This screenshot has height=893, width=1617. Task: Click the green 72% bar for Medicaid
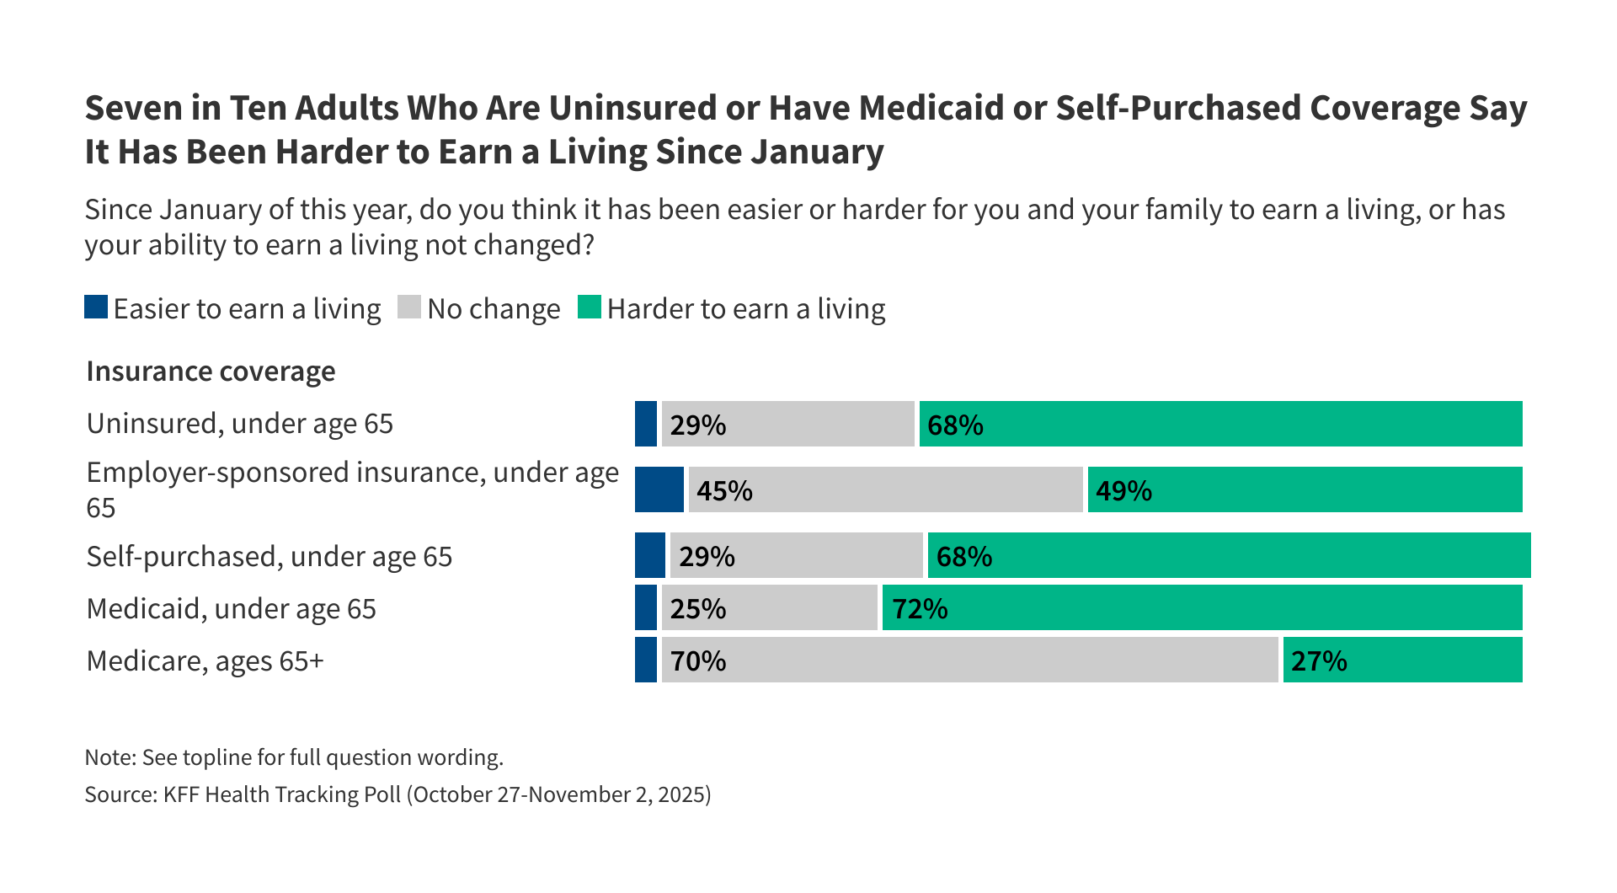pyautogui.click(x=1202, y=607)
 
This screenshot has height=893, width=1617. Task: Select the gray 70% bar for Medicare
pyautogui.click(x=969, y=660)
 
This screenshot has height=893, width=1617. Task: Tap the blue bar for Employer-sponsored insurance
pyautogui.click(x=659, y=489)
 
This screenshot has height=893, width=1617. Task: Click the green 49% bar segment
pyautogui.click(x=1305, y=489)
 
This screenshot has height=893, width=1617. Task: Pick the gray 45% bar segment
pyautogui.click(x=885, y=489)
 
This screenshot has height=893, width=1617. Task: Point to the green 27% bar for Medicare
pyautogui.click(x=1402, y=660)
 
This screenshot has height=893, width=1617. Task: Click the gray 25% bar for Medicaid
pyautogui.click(x=769, y=607)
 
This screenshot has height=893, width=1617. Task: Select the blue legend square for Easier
pyautogui.click(x=96, y=307)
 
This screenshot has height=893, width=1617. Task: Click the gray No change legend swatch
pyautogui.click(x=409, y=307)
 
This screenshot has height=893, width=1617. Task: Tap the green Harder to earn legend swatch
pyautogui.click(x=590, y=307)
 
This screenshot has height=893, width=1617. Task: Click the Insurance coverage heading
pyautogui.click(x=211, y=372)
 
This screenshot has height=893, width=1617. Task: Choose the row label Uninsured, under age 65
pyautogui.click(x=240, y=423)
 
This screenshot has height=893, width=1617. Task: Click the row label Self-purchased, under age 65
pyautogui.click(x=269, y=556)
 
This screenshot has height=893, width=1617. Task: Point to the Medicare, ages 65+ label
pyautogui.click(x=205, y=660)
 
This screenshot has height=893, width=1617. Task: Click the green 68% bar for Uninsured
pyautogui.click(x=1220, y=424)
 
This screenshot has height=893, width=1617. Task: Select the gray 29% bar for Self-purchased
pyautogui.click(x=796, y=555)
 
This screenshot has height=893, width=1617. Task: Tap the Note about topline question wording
pyautogui.click(x=294, y=757)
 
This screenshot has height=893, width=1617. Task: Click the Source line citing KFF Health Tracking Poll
pyautogui.click(x=398, y=794)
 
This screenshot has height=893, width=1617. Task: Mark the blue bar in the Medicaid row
pyautogui.click(x=645, y=607)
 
